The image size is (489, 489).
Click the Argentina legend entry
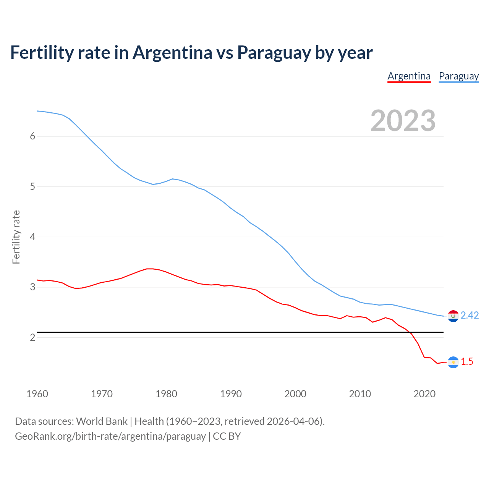pyautogui.click(x=409, y=76)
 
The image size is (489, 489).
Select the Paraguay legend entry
pyautogui.click(x=458, y=76)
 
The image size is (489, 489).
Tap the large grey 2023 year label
pyautogui.click(x=403, y=121)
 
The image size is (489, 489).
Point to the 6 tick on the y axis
pyautogui.click(x=32, y=136)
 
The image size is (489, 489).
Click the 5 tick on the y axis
pyautogui.click(x=32, y=187)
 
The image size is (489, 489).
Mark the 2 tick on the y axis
pyautogui.click(x=32, y=337)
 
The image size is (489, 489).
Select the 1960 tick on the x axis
pyautogui.click(x=37, y=394)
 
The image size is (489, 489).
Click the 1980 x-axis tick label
pyautogui.click(x=166, y=394)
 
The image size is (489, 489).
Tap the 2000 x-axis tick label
pyautogui.click(x=295, y=394)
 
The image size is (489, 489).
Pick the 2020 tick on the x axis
pyautogui.click(x=424, y=394)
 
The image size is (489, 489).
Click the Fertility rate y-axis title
pyautogui.click(x=16, y=237)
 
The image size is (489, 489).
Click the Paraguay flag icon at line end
pyautogui.click(x=453, y=316)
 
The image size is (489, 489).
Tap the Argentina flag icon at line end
pyautogui.click(x=453, y=362)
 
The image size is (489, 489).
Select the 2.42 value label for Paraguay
pyautogui.click(x=470, y=315)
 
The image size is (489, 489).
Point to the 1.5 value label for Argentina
pyautogui.click(x=467, y=361)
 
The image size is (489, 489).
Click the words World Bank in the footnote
pyautogui.click(x=102, y=421)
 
